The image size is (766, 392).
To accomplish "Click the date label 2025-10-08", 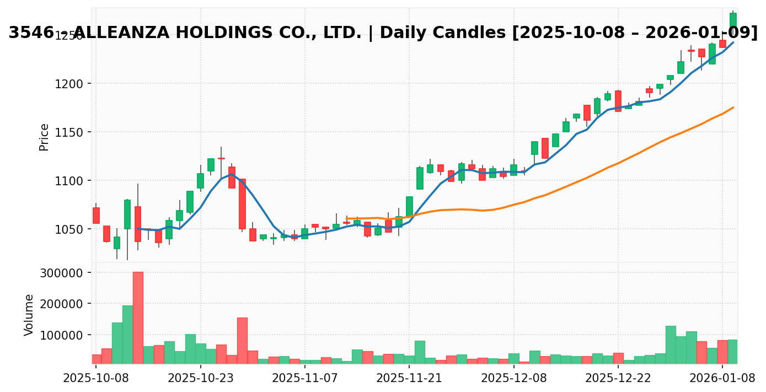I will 96,378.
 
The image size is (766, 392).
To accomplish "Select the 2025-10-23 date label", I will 200,378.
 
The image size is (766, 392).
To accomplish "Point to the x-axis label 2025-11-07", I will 305,378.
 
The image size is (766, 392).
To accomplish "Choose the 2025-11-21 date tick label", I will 409,378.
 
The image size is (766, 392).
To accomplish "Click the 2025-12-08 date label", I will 514,378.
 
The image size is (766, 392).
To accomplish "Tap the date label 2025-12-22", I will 618,378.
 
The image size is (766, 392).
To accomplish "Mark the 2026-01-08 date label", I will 722,378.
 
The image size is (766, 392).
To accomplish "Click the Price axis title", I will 44,137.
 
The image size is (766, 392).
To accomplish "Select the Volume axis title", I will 29,315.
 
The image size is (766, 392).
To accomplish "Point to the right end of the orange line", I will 733,108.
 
